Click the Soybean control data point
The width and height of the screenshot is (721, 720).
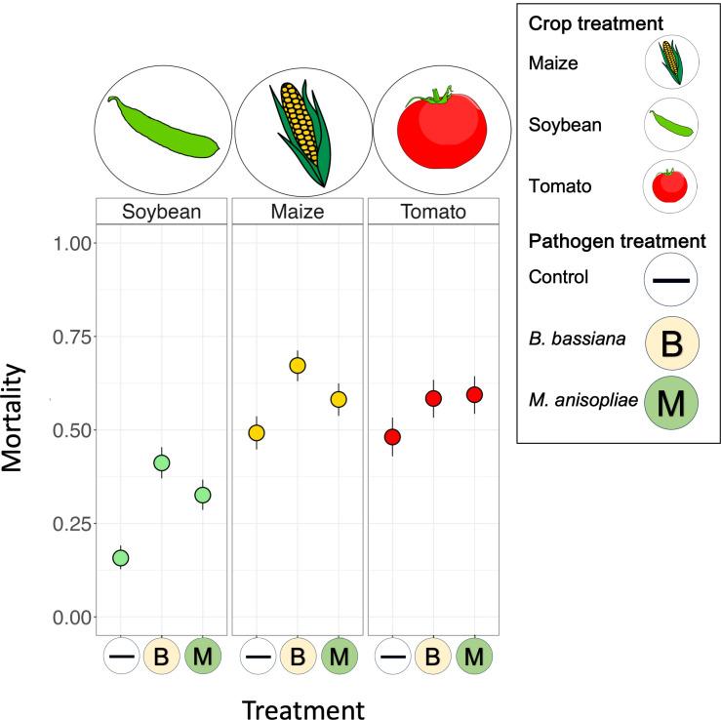click(121, 558)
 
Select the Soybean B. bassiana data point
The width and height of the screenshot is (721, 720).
click(162, 462)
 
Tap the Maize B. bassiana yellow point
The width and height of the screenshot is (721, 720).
click(298, 365)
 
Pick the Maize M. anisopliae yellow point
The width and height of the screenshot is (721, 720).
click(339, 399)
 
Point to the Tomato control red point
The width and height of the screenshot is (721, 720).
click(392, 437)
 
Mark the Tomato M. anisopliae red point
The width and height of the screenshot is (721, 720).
click(474, 394)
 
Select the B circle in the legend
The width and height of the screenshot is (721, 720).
click(671, 343)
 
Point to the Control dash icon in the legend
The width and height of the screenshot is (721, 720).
click(671, 280)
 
